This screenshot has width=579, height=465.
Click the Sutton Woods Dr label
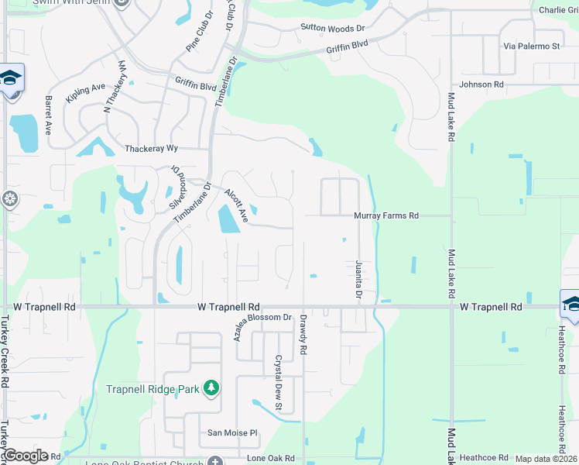pyautogui.click(x=332, y=29)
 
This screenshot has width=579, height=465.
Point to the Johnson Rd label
pyautogui.click(x=481, y=84)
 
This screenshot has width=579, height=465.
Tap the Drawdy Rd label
pyautogui.click(x=303, y=336)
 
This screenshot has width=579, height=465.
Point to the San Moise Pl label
pyautogui.click(x=231, y=433)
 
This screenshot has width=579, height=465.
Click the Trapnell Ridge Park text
pyautogui.click(x=152, y=389)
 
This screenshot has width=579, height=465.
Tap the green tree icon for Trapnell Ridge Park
pyautogui.click(x=211, y=388)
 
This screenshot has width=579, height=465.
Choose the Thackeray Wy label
pyautogui.click(x=151, y=148)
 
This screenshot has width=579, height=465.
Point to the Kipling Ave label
pyautogui.click(x=85, y=93)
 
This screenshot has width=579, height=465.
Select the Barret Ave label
pyautogui.click(x=48, y=115)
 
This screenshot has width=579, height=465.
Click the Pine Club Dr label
pyautogui.click(x=200, y=32)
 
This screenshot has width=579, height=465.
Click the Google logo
pyautogui.click(x=26, y=456)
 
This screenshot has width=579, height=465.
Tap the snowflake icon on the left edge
pyautogui.click(x=9, y=199)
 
